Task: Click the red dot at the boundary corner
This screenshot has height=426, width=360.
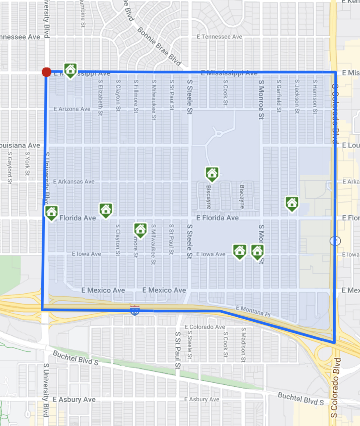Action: [47, 73]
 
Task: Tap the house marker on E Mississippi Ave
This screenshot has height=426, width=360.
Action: [70, 70]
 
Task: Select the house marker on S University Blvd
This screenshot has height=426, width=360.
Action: [51, 213]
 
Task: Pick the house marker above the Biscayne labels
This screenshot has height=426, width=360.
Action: [212, 173]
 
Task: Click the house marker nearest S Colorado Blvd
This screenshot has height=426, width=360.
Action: [292, 203]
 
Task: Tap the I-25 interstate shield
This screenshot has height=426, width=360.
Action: [134, 310]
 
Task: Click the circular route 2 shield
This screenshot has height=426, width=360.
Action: [335, 241]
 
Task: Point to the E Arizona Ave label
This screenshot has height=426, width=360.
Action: [72, 109]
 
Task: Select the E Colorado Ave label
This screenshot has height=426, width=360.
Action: [205, 327]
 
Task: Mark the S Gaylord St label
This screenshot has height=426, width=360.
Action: [9, 166]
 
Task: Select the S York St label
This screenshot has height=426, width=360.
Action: [27, 164]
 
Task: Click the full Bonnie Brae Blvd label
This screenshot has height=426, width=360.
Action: [159, 47]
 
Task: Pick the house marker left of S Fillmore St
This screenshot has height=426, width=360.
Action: [140, 229]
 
